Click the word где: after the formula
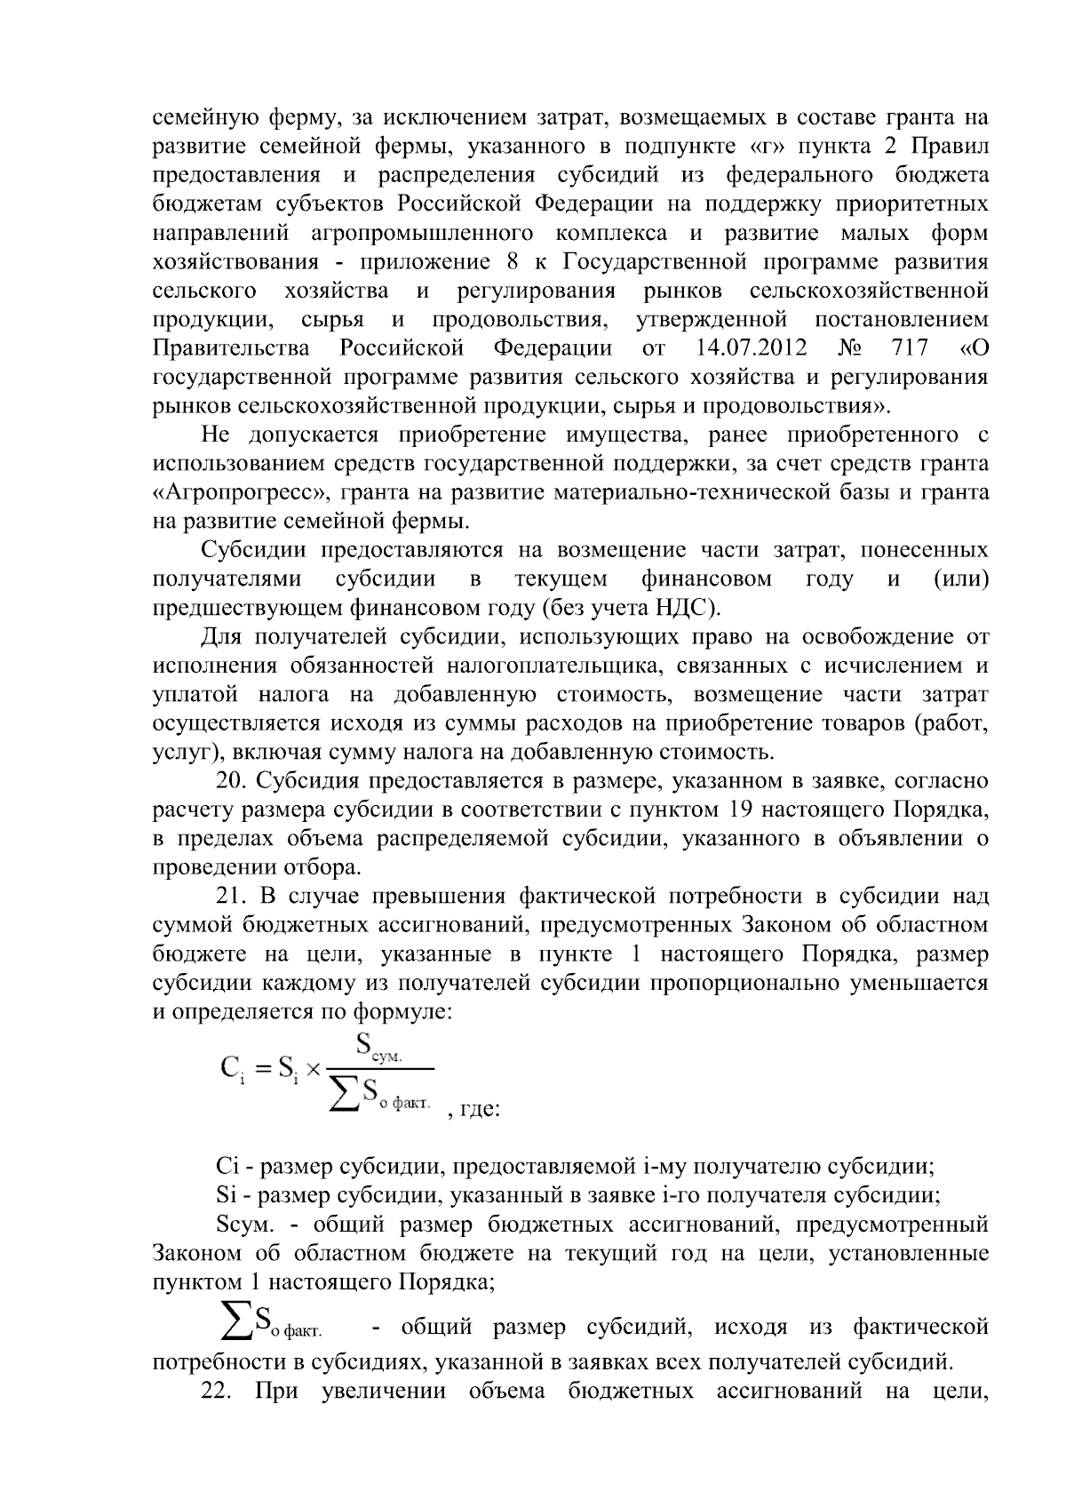click(x=481, y=1111)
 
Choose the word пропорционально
click(x=745, y=983)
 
